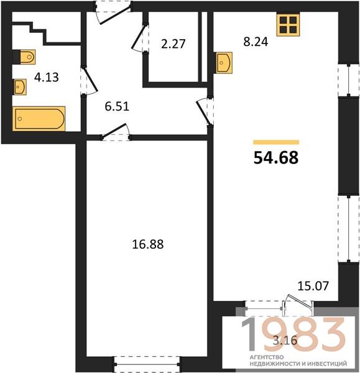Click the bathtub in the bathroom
tap(39, 119)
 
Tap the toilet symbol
tap(24, 57)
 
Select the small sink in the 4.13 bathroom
tap(20, 87)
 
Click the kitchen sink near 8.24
tap(224, 63)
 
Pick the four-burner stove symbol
tap(288, 24)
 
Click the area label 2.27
tap(173, 44)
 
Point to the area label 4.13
tap(47, 77)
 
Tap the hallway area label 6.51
tap(117, 106)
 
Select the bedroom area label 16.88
tap(148, 244)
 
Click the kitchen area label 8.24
tap(256, 42)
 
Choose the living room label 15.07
tap(313, 286)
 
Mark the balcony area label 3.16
tap(285, 341)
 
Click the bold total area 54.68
tap(276, 158)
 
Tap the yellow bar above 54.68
tap(276, 142)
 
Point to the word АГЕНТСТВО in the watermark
tap(267, 357)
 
